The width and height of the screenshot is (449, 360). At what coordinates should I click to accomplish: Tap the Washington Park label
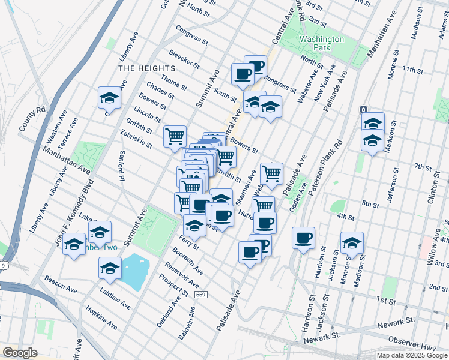(321, 43)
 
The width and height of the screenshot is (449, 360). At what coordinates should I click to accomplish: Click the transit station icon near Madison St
(363, 110)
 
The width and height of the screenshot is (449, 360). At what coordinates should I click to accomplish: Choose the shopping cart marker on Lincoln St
(175, 136)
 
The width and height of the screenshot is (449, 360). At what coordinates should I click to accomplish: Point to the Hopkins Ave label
(101, 317)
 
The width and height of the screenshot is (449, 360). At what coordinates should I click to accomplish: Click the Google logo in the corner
(20, 353)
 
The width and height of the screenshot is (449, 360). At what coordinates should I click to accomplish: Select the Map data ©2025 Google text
(412, 355)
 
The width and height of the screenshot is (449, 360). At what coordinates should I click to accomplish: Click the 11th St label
(413, 70)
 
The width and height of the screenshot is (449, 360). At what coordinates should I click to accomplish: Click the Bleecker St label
(184, 59)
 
